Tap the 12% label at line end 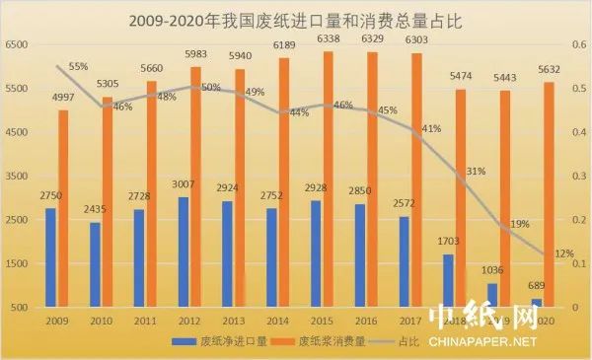click(x=564, y=253)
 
